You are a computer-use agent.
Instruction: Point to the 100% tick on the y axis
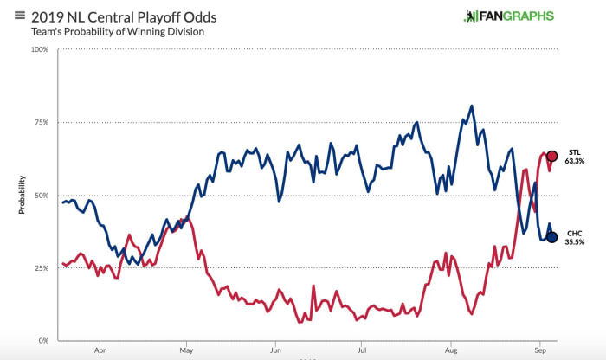[39, 49]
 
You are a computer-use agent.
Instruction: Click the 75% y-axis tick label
[41, 122]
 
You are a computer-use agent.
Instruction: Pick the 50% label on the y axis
[41, 196]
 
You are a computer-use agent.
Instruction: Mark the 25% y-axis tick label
[41, 268]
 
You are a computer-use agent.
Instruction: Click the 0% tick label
[43, 342]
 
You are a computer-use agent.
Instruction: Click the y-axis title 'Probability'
[22, 196]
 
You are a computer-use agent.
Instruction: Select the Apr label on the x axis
[100, 352]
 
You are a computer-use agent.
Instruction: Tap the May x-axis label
[187, 352]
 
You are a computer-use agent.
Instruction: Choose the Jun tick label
[275, 352]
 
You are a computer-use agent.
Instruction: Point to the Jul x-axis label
[363, 352]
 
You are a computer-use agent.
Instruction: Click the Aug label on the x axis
[451, 352]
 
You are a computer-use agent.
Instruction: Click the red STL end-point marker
[551, 157]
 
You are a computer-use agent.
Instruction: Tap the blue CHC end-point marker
[551, 237]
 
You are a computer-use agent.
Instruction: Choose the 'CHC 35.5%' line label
[575, 237]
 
